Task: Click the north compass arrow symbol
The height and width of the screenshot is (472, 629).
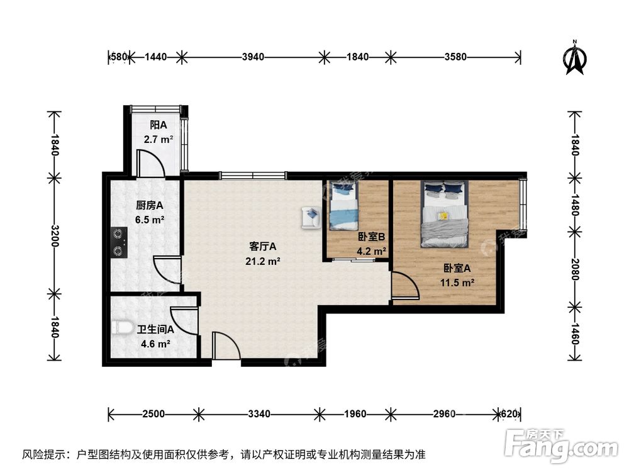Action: pos(574,58)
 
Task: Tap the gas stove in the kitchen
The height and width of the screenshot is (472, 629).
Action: pos(118,243)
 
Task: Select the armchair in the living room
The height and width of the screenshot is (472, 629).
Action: pos(311,216)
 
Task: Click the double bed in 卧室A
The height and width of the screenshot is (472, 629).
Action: pos(445,213)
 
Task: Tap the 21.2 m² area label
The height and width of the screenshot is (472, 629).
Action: pos(263,261)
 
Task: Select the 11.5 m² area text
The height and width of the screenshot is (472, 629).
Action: pos(457,283)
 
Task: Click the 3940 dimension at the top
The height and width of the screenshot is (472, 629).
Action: pos(253,57)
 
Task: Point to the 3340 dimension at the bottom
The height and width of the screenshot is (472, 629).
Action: pos(259,414)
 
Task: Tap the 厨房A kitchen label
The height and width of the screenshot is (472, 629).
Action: pos(150,205)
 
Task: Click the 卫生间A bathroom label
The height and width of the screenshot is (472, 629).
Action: pos(155,329)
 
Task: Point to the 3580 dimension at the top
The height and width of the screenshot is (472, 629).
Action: pos(455,57)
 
